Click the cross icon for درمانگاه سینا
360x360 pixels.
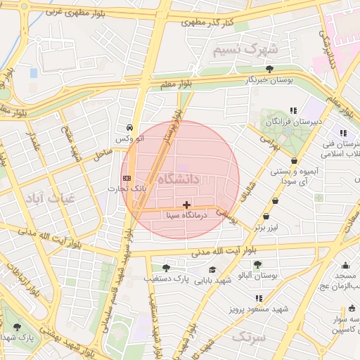point(186,205)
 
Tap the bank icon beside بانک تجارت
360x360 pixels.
point(127,178)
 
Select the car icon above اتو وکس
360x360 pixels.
point(129,128)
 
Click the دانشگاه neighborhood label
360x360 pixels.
point(179,179)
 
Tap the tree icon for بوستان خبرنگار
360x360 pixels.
point(269,69)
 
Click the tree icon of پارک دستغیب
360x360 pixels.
point(166,268)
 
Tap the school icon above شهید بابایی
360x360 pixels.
point(212,270)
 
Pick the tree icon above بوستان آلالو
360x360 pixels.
point(257,264)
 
